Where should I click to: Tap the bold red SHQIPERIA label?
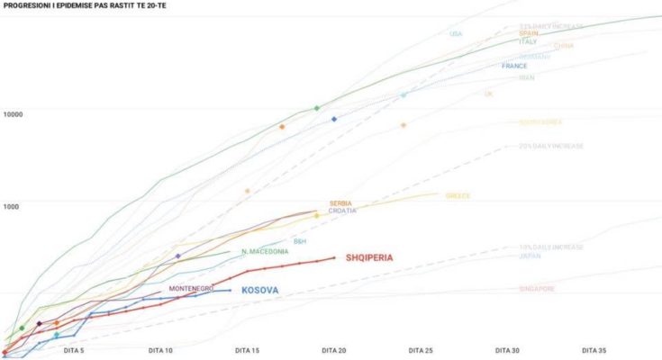pyautogui.click(x=369, y=258)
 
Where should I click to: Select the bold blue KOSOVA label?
pyautogui.click(x=259, y=290)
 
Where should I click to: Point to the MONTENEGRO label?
pyautogui.click(x=191, y=288)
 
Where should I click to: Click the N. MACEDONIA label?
pyautogui.click(x=265, y=251)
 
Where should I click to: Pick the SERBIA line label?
pyautogui.click(x=340, y=203)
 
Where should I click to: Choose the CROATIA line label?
pyautogui.click(x=342, y=211)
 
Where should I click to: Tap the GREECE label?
pyautogui.click(x=458, y=195)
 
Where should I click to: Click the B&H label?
pyautogui.click(x=300, y=241)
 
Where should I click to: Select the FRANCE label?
pyautogui.click(x=514, y=66)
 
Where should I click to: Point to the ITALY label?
pyautogui.click(x=528, y=41)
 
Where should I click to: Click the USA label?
pyautogui.click(x=456, y=34)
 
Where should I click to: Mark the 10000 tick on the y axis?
pyautogui.click(x=13, y=114)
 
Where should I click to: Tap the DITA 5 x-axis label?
pyautogui.click(x=74, y=350)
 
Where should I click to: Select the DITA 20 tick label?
pyautogui.click(x=333, y=350)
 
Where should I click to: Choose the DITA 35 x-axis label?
pyautogui.click(x=594, y=350)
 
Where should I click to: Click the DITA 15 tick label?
pyautogui.click(x=247, y=350)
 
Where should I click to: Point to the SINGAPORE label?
pyautogui.click(x=537, y=289)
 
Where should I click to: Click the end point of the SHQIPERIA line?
pyautogui.click(x=334, y=258)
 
